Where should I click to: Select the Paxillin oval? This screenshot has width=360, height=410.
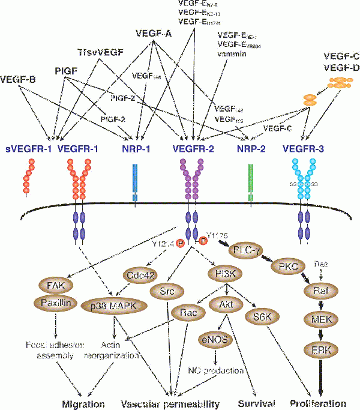[x=58, y=303]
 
